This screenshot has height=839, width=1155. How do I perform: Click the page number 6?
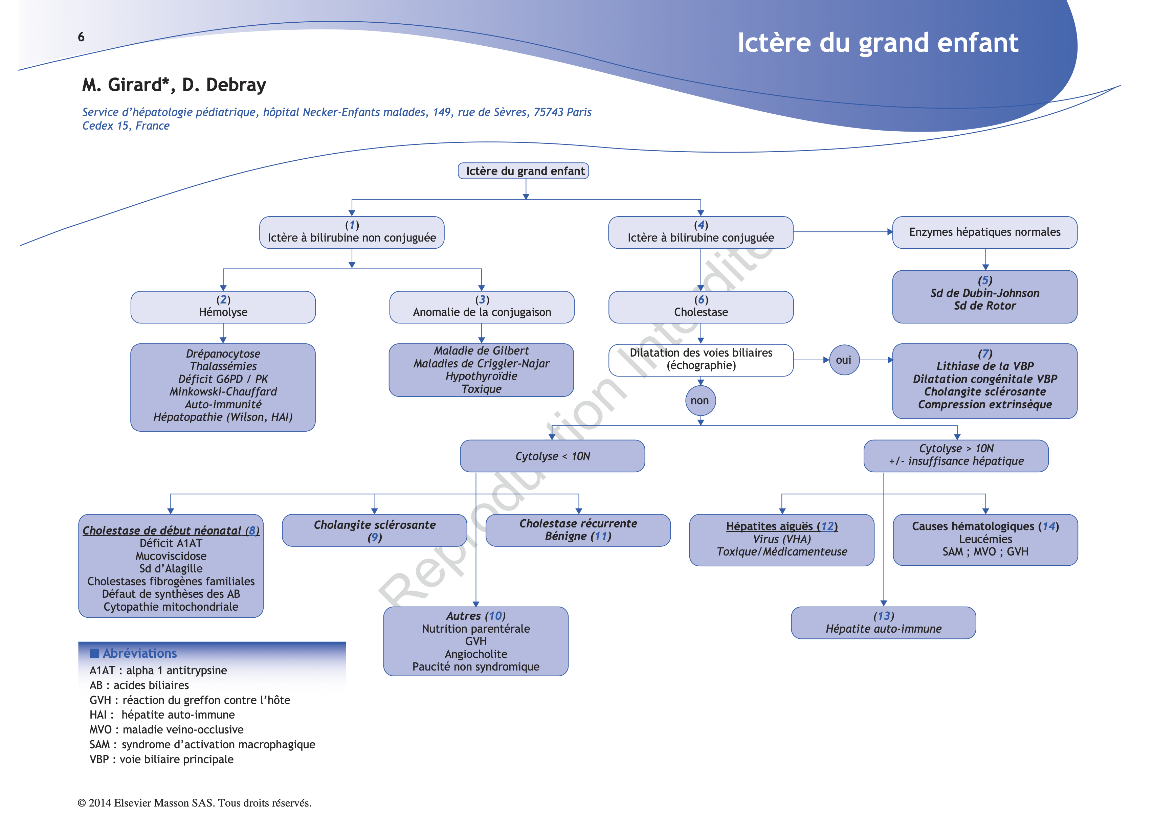[81, 37]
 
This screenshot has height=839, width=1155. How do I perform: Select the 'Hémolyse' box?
[223, 307]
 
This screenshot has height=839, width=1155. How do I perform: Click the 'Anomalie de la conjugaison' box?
[482, 307]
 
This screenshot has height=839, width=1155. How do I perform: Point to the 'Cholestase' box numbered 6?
[701, 307]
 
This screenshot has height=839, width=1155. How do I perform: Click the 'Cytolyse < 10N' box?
[553, 456]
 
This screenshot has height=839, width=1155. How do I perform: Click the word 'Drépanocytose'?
[223, 353]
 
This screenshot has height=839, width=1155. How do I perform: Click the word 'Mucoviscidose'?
[171, 556]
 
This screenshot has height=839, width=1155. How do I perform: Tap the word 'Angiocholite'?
[476, 654]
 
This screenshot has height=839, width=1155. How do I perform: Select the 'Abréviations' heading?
[139, 653]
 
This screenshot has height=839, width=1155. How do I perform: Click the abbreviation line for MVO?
[166, 729]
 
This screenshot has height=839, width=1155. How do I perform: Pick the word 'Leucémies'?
[985, 539]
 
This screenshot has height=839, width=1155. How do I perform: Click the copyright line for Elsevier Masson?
[194, 803]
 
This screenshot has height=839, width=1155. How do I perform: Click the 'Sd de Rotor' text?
[984, 306]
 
